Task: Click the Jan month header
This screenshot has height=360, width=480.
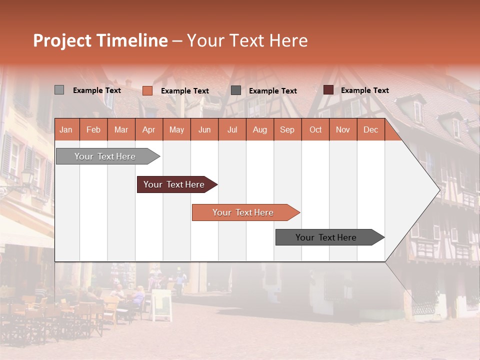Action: coord(66,129)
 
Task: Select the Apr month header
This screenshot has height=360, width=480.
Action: coord(148,129)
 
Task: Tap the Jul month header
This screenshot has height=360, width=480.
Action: coord(232,129)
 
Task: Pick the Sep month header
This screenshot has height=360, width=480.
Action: coord(287,129)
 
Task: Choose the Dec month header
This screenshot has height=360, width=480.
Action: coord(370,129)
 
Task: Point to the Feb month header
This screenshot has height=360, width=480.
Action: coord(93,129)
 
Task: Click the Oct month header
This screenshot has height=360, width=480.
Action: coord(315,129)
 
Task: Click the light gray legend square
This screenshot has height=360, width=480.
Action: coord(59,90)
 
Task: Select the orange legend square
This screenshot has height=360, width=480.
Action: coord(147,90)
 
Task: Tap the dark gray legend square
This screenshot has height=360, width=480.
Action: coord(236,90)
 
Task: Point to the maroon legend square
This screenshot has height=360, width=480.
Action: coord(328,90)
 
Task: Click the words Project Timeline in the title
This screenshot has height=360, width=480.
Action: coord(100,40)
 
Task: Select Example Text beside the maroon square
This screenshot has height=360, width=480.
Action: coord(364,90)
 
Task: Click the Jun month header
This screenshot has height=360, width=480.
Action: coord(204,129)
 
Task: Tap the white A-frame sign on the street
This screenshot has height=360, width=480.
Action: coord(161,304)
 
